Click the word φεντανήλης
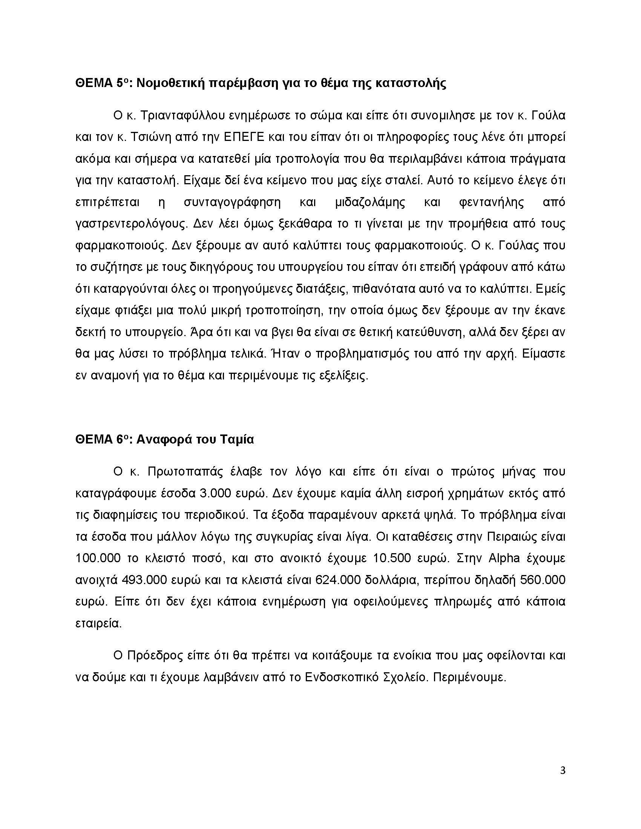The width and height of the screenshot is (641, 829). (x=491, y=202)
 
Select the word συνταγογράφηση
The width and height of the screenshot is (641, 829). (x=232, y=202)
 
